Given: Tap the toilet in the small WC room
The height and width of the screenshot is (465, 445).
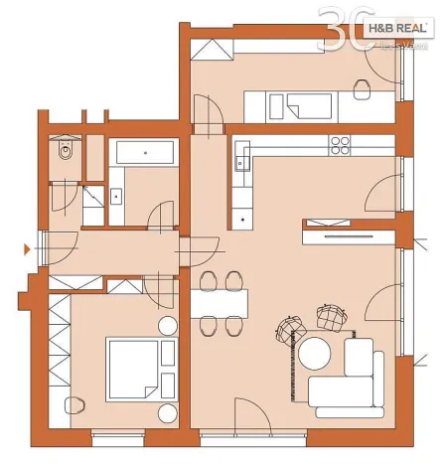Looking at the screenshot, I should (x=66, y=151).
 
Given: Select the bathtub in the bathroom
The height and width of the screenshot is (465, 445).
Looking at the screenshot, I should (x=144, y=152).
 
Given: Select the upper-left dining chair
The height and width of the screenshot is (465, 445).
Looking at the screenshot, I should (x=209, y=279).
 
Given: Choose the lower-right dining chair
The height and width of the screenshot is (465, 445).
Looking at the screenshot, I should (x=233, y=324).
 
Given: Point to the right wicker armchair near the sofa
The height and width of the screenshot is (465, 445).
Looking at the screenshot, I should (x=328, y=318).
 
